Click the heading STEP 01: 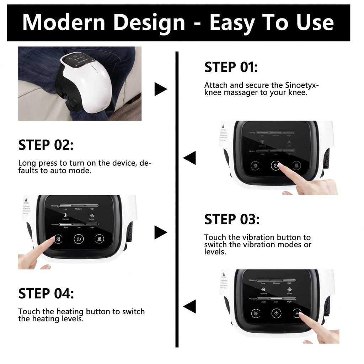tap(231, 67)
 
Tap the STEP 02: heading tap(46, 145)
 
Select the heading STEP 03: tap(231, 219)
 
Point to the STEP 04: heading tap(46, 294)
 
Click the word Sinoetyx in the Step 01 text tap(302, 86)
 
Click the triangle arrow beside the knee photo tap(160, 89)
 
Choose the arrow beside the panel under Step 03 tap(189, 306)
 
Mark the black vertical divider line tap(177, 199)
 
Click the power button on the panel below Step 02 tap(79, 239)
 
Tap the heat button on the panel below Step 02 tap(100, 239)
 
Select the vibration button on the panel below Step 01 tap(255, 166)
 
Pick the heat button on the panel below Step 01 tap(297, 166)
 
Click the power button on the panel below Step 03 tap(276, 313)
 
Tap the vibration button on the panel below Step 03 tap(256, 313)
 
